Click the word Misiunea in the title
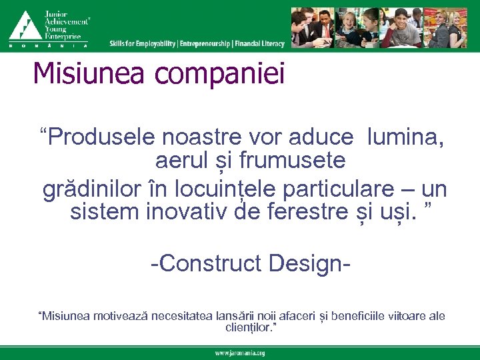(87, 73)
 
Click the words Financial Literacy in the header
(259, 43)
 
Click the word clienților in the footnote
(248, 327)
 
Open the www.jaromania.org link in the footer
(239, 353)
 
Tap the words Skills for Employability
(143, 43)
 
